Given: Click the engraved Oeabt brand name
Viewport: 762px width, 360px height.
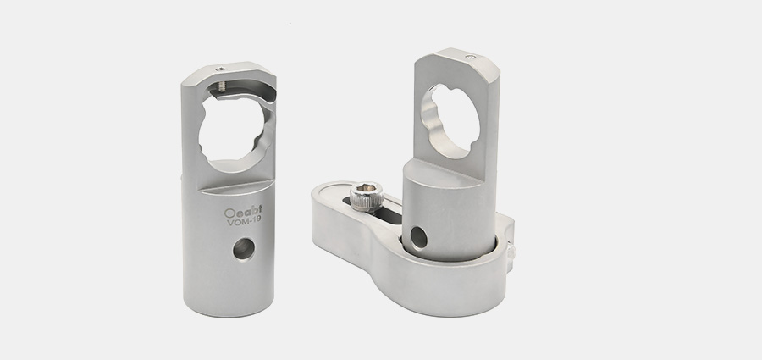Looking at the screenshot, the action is coord(243,212).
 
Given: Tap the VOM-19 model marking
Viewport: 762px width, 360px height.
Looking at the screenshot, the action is coord(244,221).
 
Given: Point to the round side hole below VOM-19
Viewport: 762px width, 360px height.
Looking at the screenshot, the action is coord(244,248).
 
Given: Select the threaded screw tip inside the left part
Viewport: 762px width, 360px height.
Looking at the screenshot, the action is coord(222,86).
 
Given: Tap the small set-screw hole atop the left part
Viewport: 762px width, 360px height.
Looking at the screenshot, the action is coord(221,69).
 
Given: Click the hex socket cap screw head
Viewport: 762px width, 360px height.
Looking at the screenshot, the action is coord(366,196).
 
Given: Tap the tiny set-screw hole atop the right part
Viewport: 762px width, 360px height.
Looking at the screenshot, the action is coord(470,57).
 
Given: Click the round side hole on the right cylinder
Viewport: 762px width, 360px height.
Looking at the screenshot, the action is coord(418,238).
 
